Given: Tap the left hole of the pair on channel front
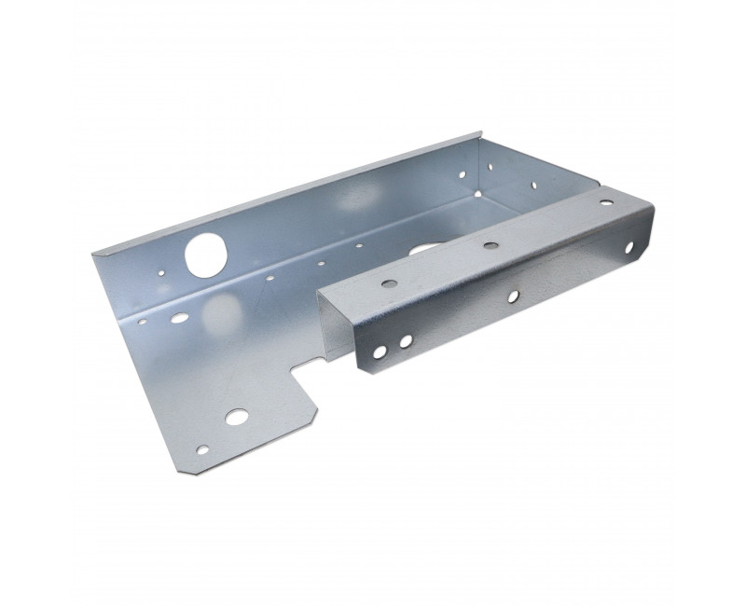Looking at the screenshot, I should click(x=380, y=351).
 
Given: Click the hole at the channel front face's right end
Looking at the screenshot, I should click(x=631, y=249).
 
